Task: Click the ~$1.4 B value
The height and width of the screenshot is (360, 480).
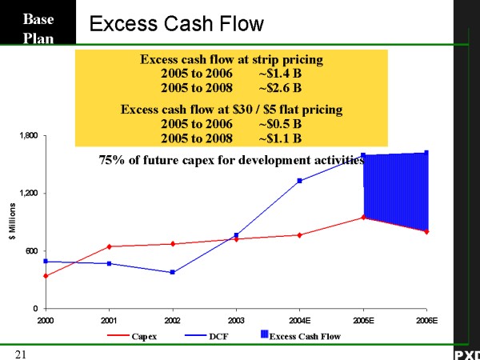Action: [280, 73]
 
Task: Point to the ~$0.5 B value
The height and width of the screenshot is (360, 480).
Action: [280, 124]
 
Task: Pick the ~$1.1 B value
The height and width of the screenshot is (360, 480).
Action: [280, 138]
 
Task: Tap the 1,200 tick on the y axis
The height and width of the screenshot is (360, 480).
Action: [28, 194]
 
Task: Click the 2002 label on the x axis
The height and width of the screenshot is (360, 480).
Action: [172, 319]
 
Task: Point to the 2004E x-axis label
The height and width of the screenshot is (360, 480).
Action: [299, 319]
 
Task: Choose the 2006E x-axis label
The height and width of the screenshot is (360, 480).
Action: [426, 319]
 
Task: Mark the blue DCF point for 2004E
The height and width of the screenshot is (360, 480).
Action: [299, 181]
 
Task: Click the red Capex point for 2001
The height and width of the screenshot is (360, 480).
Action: [109, 246]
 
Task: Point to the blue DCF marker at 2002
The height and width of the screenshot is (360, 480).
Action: [172, 273]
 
